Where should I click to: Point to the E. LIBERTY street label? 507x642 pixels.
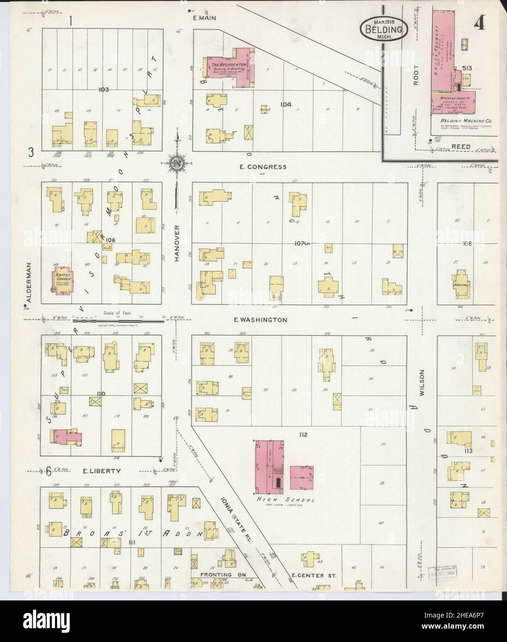102,471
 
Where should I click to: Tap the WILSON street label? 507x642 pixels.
421,384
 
